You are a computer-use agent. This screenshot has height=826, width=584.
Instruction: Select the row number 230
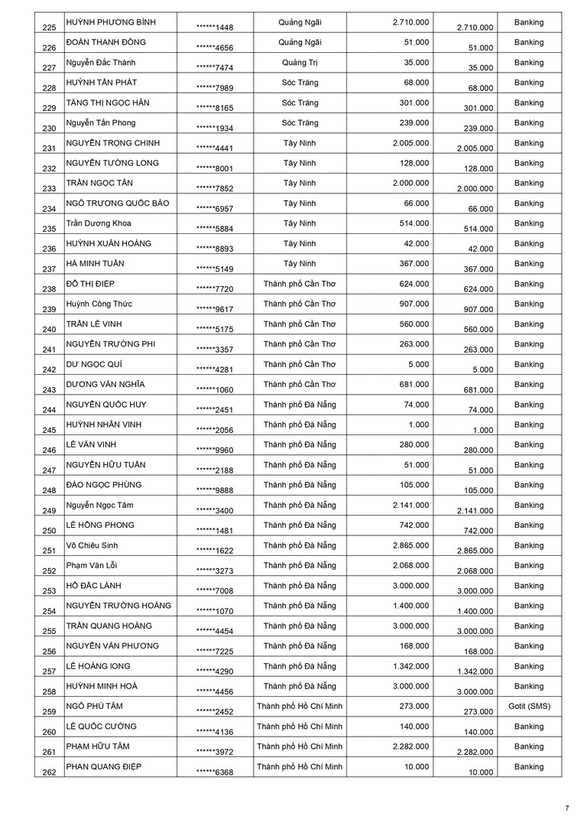tap(50, 128)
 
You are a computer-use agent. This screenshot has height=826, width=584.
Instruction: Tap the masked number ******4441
tap(215, 148)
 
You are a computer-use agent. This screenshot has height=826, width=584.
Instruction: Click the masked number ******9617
tap(215, 309)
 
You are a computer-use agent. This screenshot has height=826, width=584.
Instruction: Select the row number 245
tap(50, 431)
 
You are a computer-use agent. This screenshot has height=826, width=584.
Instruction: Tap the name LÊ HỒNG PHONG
tap(100, 525)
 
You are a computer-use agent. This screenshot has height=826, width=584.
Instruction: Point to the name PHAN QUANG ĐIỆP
tap(104, 766)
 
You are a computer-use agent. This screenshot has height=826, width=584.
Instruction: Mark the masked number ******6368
tap(215, 772)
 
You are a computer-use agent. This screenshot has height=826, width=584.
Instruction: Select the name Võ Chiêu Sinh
tap(92, 545)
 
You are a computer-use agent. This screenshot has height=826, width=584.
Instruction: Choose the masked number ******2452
tap(215, 711)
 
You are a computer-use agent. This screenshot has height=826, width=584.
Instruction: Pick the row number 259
tap(50, 712)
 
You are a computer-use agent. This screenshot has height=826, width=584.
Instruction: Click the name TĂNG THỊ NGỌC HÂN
tap(106, 102)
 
